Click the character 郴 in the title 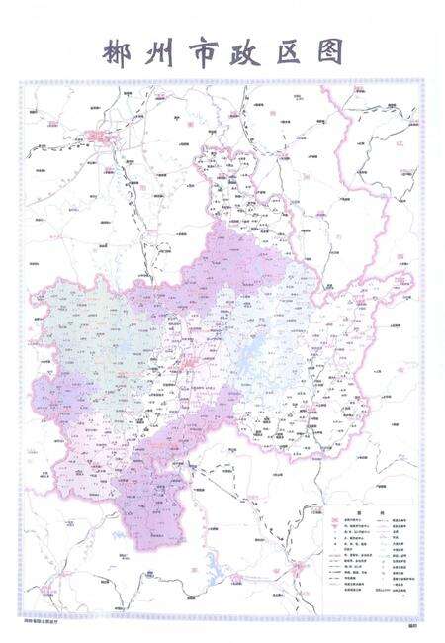click(x=109, y=51)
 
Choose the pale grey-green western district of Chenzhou click(x=94, y=336)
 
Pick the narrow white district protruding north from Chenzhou click(x=232, y=188)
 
